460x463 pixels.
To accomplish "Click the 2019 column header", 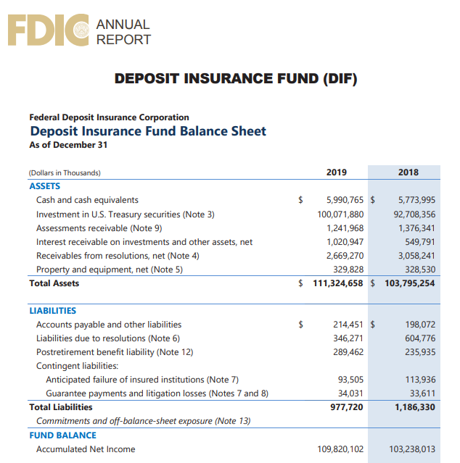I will tap(337, 172).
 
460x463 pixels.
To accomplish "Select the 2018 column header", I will tap(408, 172).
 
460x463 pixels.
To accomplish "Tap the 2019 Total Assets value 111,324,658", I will tap(338, 283).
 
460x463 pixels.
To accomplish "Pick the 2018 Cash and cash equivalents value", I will tap(416, 200).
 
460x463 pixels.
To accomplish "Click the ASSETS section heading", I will tap(44, 186).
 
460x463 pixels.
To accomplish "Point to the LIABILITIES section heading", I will tap(52, 311).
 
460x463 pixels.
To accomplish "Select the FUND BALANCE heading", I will tap(62, 435).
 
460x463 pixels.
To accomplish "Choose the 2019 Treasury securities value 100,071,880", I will tap(340, 214).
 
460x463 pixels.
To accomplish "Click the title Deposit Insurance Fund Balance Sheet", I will tap(148, 131).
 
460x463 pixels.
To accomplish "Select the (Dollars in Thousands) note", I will tap(65, 173).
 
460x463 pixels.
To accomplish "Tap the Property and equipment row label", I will tap(110, 269).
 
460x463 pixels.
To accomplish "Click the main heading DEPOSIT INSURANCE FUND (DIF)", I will tap(236, 78).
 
